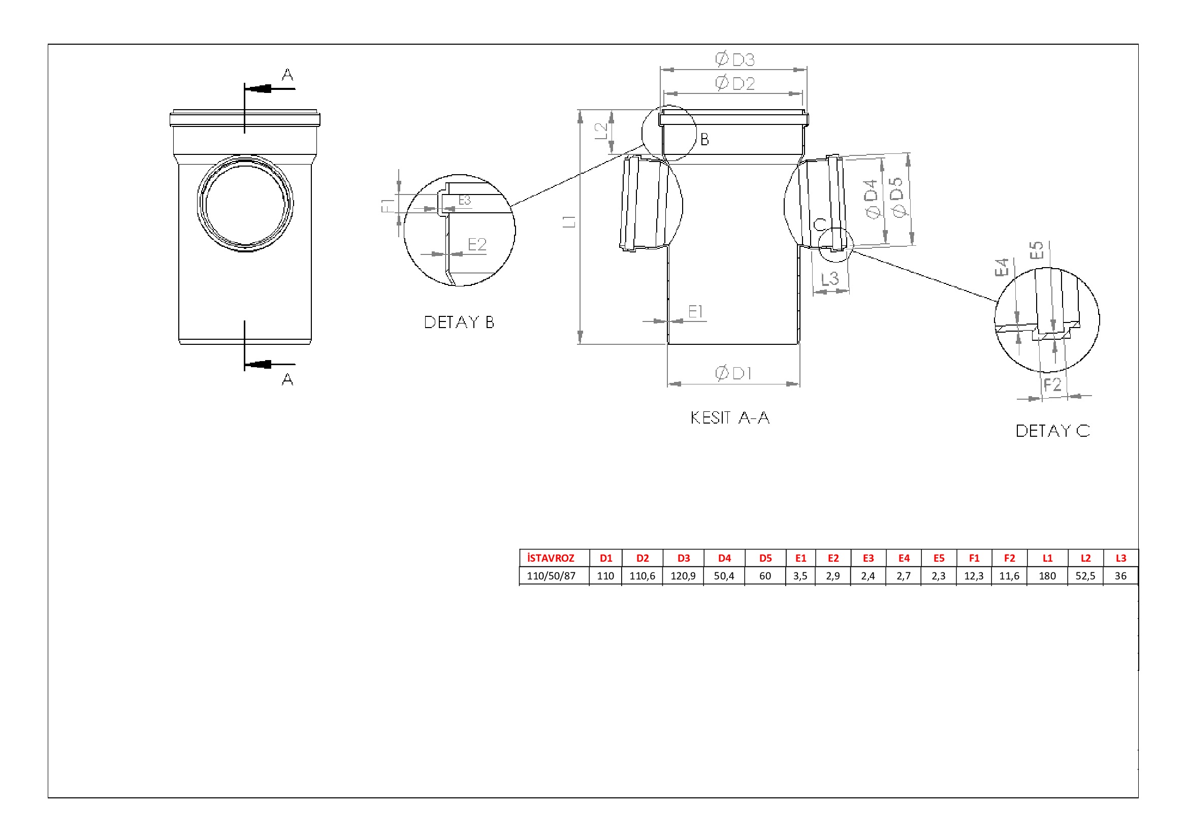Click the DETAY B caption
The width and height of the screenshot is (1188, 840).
pyautogui.click(x=459, y=322)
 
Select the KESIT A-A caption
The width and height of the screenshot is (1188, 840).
pyautogui.click(x=730, y=417)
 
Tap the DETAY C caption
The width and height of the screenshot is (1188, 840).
pyautogui.click(x=1052, y=431)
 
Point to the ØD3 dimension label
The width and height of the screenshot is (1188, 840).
pyautogui.click(x=735, y=59)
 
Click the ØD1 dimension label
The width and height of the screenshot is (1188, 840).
pyautogui.click(x=733, y=373)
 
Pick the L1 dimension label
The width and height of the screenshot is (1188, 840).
pyautogui.click(x=569, y=221)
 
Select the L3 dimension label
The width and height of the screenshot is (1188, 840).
pyautogui.click(x=830, y=278)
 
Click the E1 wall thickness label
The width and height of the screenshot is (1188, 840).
pyautogui.click(x=695, y=311)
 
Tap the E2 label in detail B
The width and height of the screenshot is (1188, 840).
pyautogui.click(x=477, y=244)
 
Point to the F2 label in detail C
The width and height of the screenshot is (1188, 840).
pyautogui.click(x=1052, y=384)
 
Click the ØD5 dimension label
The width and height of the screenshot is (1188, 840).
pyautogui.click(x=897, y=197)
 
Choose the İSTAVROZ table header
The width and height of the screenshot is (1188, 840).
pyautogui.click(x=551, y=558)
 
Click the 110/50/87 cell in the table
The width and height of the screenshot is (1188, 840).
pyautogui.click(x=551, y=576)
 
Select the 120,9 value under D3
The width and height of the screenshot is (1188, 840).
pyautogui.click(x=683, y=576)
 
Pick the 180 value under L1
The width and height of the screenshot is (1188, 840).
pyautogui.click(x=1047, y=576)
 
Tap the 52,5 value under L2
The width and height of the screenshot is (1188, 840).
pyautogui.click(x=1085, y=576)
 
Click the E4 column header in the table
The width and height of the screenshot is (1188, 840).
pyautogui.click(x=904, y=558)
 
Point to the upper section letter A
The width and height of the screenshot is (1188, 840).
pyautogui.click(x=287, y=75)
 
